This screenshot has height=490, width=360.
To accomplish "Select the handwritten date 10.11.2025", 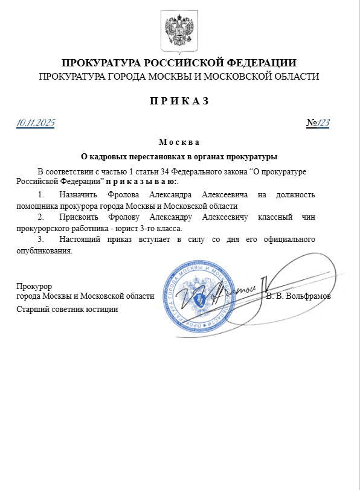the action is pyautogui.click(x=36, y=123).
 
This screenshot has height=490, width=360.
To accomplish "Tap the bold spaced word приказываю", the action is pyautogui.click(x=141, y=181).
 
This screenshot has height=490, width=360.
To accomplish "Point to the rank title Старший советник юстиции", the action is pyautogui.click(x=67, y=309).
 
